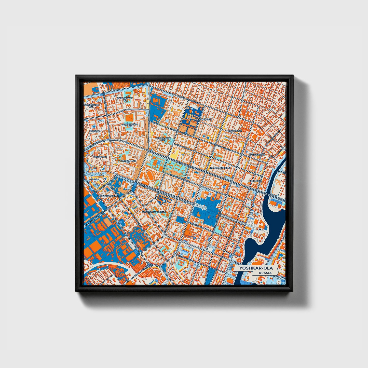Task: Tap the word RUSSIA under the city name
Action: pyautogui.click(x=265, y=273)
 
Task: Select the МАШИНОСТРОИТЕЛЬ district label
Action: pyautogui.click(x=154, y=211)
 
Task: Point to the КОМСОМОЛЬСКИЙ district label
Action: pyautogui.click(x=220, y=168)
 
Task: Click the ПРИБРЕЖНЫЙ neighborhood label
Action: pyautogui.click(x=257, y=155)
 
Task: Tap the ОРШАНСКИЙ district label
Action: pyautogui.click(x=235, y=131)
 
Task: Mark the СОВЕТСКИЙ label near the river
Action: pyautogui.click(x=255, y=181)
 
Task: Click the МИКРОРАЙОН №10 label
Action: pyautogui.click(x=163, y=139)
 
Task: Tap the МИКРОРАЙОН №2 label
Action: pyautogui.click(x=130, y=125)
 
